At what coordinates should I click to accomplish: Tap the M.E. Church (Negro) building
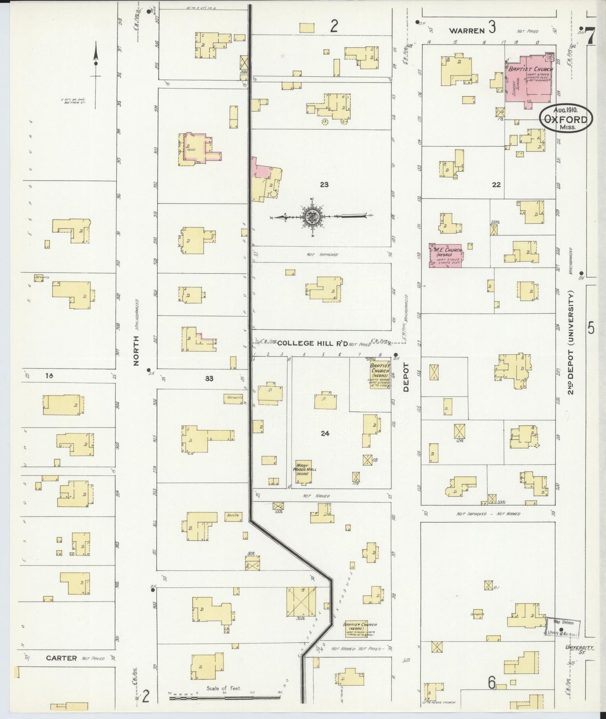pyautogui.click(x=445, y=255)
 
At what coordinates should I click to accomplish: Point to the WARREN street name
pyautogui.click(x=466, y=31)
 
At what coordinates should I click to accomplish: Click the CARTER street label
pyautogui.click(x=61, y=658)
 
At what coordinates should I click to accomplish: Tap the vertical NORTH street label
pyautogui.click(x=136, y=351)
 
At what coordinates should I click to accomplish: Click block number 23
pyautogui.click(x=324, y=184)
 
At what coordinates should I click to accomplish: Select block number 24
pyautogui.click(x=325, y=433)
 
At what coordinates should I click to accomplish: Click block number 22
pyautogui.click(x=496, y=184)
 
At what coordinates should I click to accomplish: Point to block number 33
pyautogui.click(x=209, y=378)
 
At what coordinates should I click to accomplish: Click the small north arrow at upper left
pyautogui.click(x=96, y=63)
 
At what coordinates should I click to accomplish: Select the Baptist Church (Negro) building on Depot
pyautogui.click(x=380, y=375)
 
